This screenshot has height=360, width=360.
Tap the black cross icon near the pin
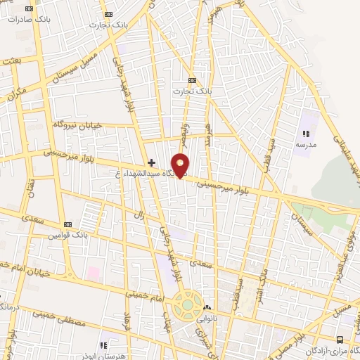coord(151,162)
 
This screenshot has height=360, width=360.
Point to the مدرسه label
coord(304,144)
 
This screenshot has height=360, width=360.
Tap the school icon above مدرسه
coord(305,134)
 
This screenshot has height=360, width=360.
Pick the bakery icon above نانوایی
coord(207,308)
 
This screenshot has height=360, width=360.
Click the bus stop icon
coord(340,339)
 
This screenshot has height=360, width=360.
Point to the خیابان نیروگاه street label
coord(77,124)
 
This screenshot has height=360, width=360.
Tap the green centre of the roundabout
coord(187,306)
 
